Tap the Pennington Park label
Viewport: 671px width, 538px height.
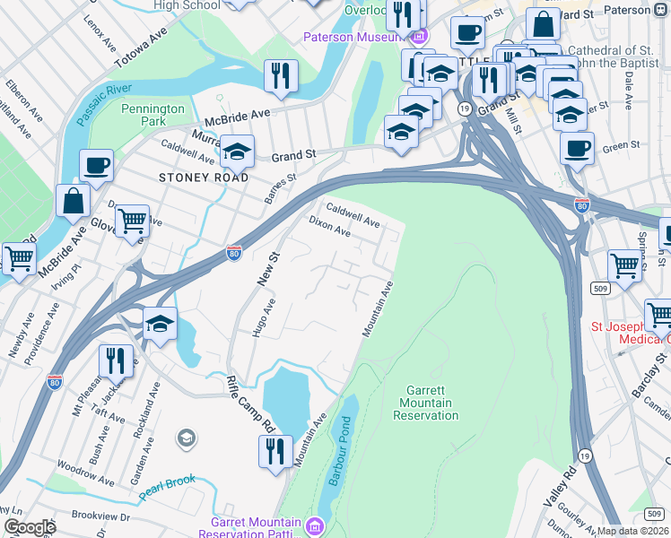(152, 115)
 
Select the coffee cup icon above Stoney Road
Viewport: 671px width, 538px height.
(96, 166)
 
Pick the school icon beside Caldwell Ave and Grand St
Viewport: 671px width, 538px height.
(238, 152)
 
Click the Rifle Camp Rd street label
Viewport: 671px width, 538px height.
(244, 391)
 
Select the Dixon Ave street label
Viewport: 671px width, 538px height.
(329, 225)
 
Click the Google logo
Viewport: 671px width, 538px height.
(30, 527)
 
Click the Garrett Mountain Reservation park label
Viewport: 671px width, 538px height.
(420, 403)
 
